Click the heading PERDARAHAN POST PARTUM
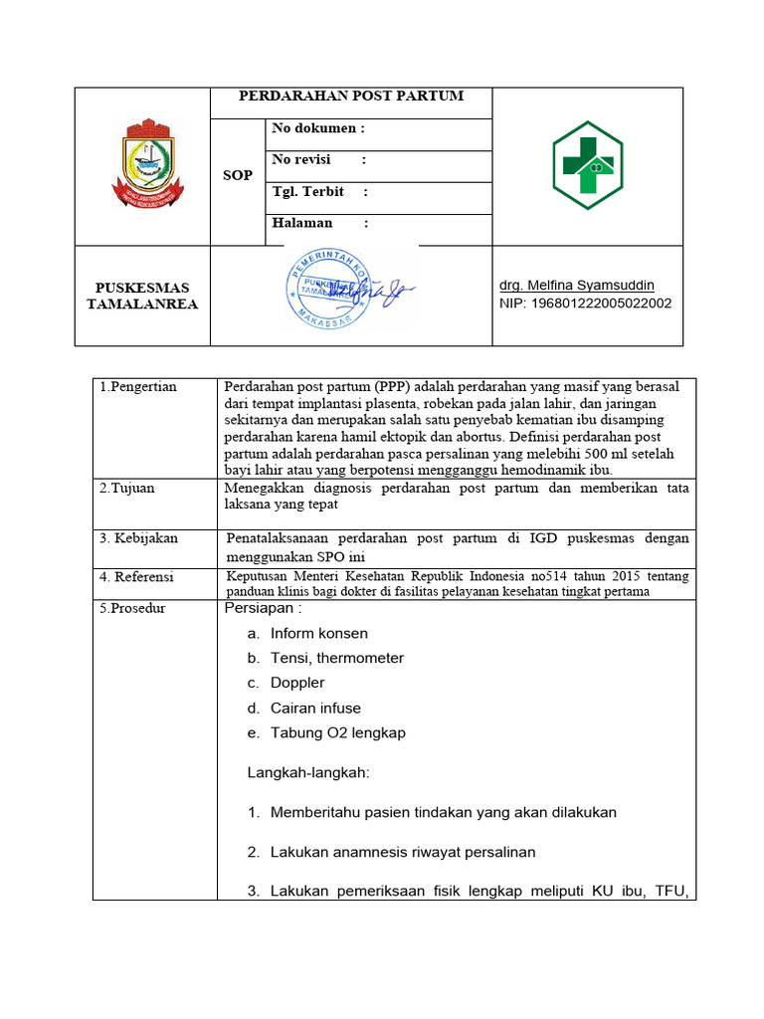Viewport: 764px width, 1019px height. coord(351,97)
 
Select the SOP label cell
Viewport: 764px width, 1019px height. coord(237,175)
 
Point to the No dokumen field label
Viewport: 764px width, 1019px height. coord(318,128)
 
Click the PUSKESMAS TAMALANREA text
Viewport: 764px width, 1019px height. coord(141,296)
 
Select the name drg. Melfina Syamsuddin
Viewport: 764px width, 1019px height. coord(577,285)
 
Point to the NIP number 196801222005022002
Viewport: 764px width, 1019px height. coord(585,304)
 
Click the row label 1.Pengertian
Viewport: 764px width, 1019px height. coord(138,386)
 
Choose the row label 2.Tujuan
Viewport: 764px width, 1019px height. coord(127,489)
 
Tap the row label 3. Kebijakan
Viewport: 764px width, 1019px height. coord(138,538)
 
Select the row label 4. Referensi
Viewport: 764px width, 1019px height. coord(136,576)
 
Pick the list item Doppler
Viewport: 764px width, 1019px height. coord(297,683)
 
